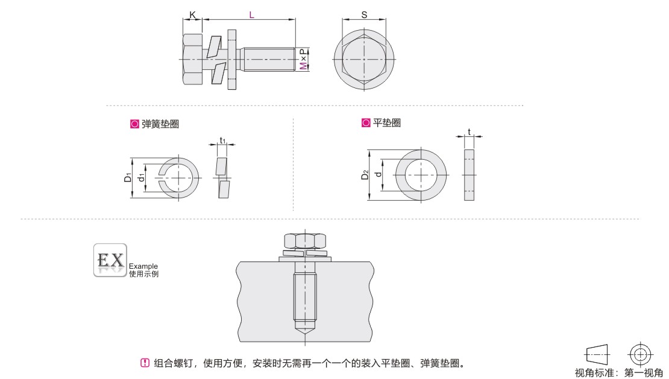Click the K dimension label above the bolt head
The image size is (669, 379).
tap(192, 15)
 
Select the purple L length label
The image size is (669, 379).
tap(252, 15)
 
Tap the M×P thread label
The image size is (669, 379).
tap(303, 59)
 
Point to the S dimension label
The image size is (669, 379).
tap(364, 14)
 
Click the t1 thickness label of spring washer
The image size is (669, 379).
tap(222, 140)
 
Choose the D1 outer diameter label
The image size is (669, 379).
tap(128, 177)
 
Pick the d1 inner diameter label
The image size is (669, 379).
tap(142, 177)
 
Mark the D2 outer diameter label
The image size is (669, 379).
tap(365, 174)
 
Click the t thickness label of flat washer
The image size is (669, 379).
tap(469, 132)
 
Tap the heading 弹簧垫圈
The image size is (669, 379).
tap(160, 124)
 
